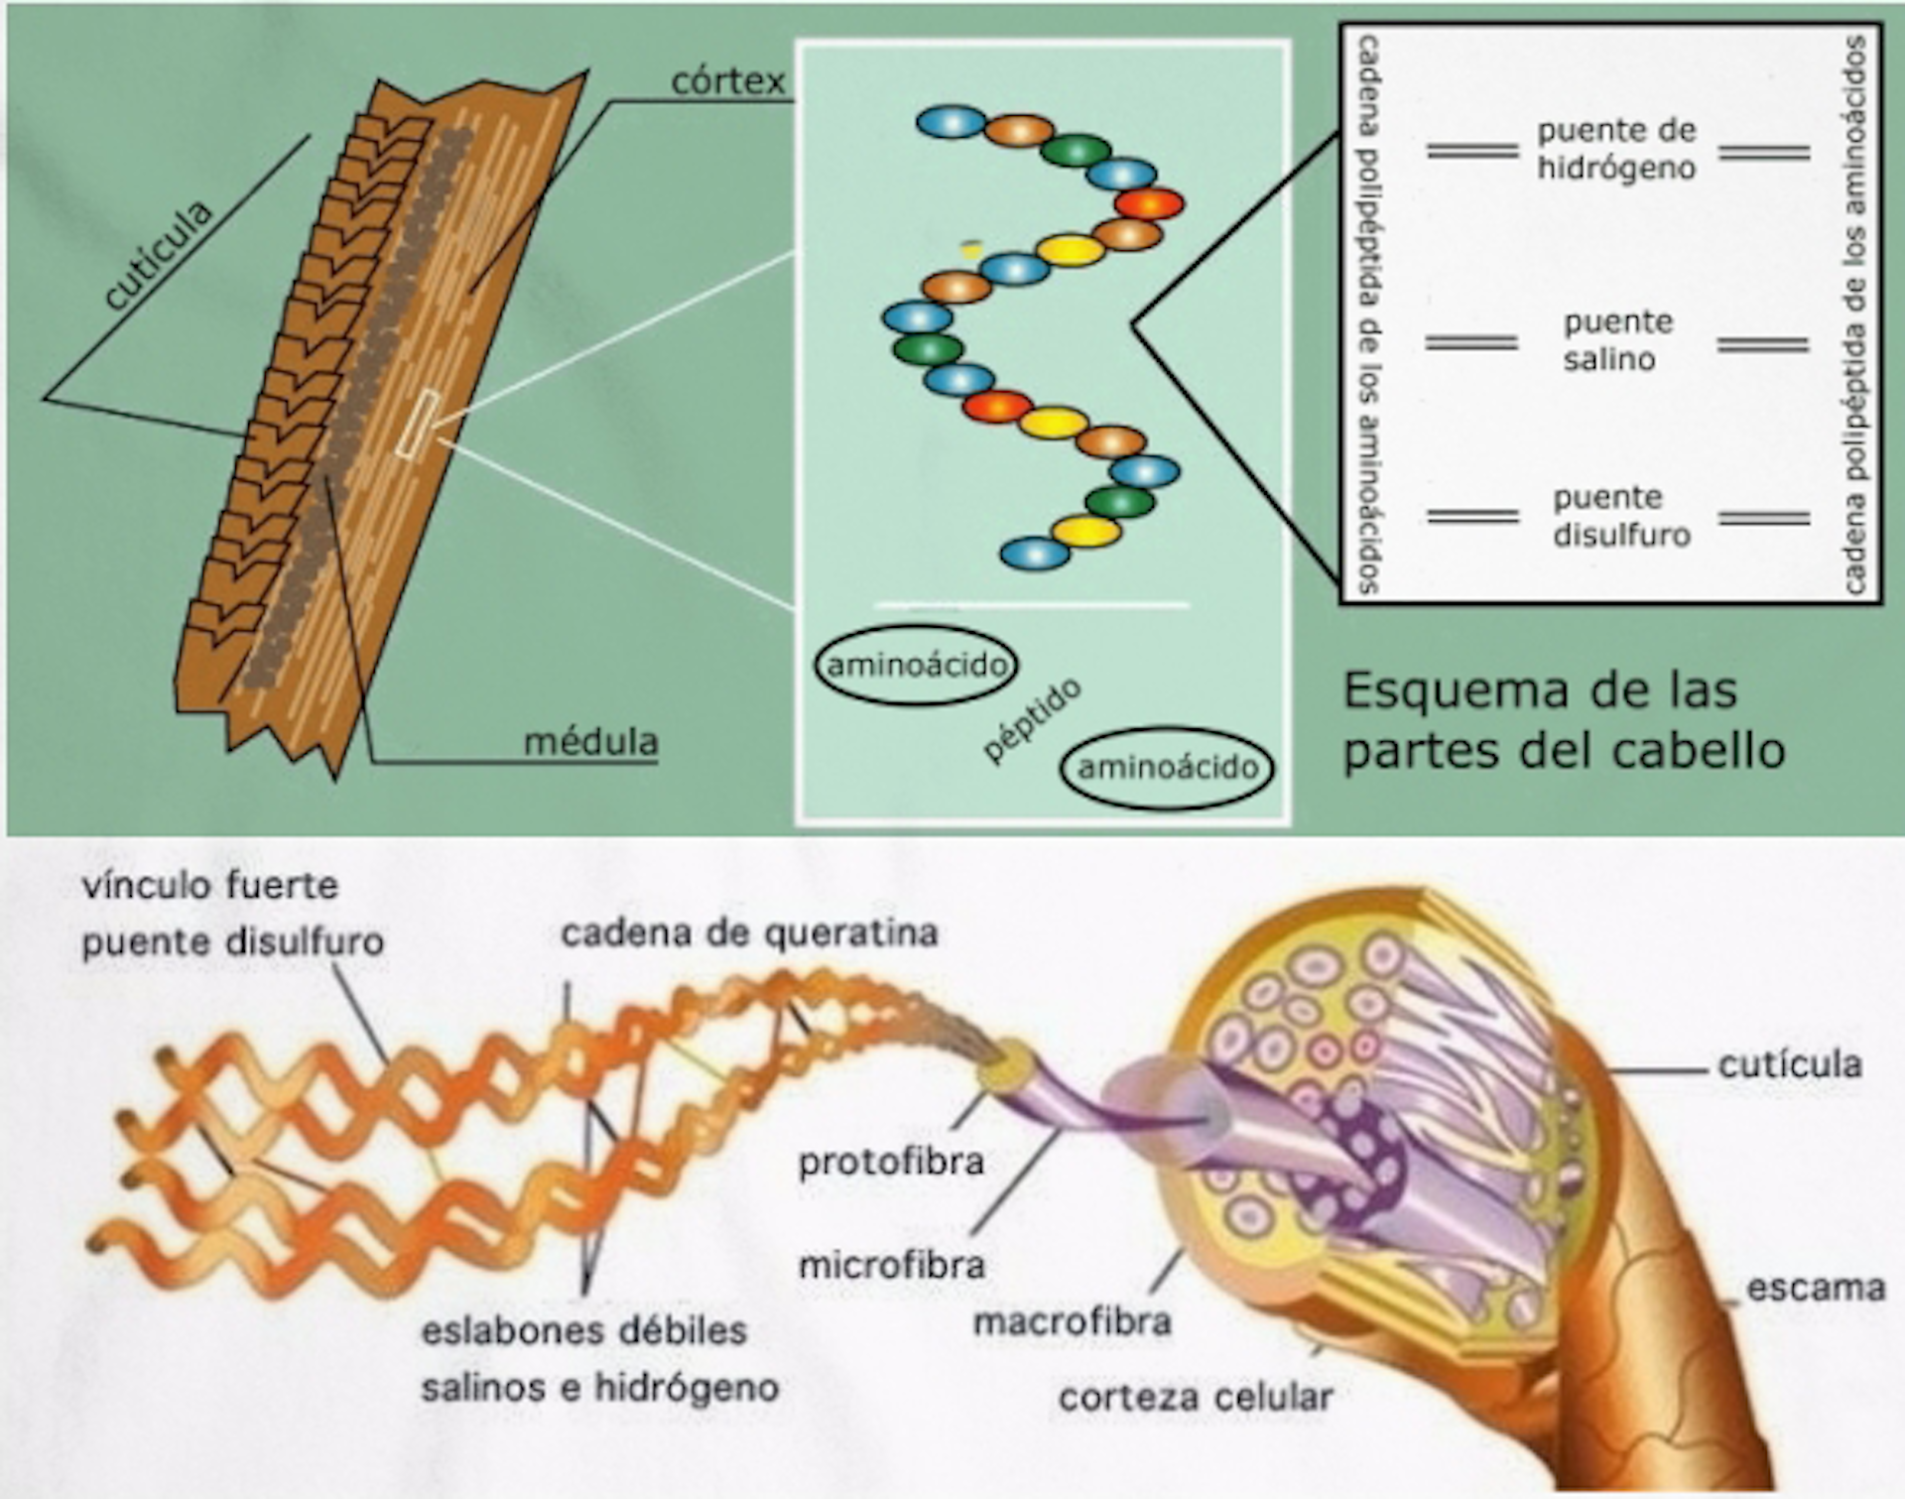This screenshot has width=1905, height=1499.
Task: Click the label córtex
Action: (x=727, y=80)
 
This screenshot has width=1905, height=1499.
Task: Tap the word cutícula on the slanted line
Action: (x=159, y=255)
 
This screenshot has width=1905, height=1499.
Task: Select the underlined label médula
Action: (x=590, y=742)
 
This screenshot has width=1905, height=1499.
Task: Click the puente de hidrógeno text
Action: (x=1616, y=149)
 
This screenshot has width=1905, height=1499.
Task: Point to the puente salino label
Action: (x=1616, y=339)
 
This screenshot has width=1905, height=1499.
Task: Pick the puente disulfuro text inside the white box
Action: (x=1620, y=516)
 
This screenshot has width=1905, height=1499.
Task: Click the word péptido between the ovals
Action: (x=1031, y=721)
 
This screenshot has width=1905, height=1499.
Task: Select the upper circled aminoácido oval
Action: (x=916, y=665)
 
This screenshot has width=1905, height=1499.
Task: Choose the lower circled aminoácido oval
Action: (x=1167, y=767)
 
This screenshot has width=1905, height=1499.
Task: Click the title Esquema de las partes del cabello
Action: (x=1563, y=720)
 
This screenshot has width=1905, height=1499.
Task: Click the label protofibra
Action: (x=891, y=1162)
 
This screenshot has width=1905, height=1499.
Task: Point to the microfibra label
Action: (x=892, y=1265)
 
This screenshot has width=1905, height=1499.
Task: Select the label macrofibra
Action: (x=1072, y=1321)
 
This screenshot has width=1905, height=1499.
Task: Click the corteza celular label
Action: (x=1195, y=1397)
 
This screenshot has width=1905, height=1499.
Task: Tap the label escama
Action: (x=1815, y=1288)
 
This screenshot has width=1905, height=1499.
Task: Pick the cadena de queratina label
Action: (x=749, y=933)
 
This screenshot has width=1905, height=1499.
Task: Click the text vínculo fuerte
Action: (x=210, y=885)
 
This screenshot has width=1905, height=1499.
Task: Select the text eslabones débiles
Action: (x=583, y=1330)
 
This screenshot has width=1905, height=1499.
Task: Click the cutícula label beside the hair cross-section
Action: (x=1789, y=1064)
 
